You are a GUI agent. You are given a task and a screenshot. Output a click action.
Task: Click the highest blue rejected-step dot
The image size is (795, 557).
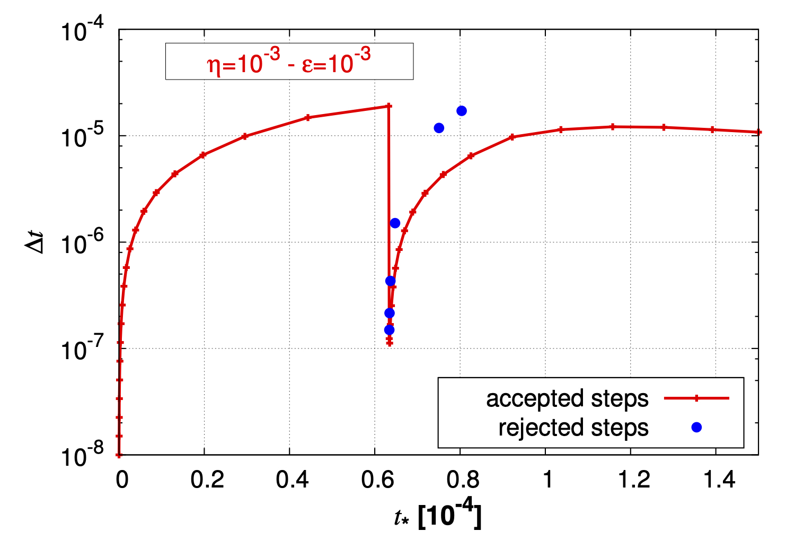pyautogui.click(x=462, y=111)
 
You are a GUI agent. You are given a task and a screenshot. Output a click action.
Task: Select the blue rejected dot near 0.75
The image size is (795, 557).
pyautogui.click(x=439, y=128)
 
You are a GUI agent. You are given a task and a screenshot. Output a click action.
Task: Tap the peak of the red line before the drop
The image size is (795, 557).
pyautogui.click(x=388, y=106)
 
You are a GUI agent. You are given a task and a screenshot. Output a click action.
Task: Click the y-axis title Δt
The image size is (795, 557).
pyautogui.click(x=36, y=242)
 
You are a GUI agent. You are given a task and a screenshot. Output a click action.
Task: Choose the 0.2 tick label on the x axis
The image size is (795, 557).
pyautogui.click(x=207, y=480)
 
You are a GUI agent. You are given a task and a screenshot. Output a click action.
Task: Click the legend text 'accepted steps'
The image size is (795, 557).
pyautogui.click(x=567, y=398)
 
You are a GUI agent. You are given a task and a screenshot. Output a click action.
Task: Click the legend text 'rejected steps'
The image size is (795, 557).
pyautogui.click(x=573, y=428)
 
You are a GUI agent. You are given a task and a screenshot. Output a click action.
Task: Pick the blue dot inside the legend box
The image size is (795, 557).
pyautogui.click(x=696, y=427)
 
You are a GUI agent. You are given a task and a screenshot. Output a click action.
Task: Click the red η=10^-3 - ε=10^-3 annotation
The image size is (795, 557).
pyautogui.click(x=289, y=62)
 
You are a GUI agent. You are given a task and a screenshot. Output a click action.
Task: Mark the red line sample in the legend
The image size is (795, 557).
pyautogui.click(x=696, y=398)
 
